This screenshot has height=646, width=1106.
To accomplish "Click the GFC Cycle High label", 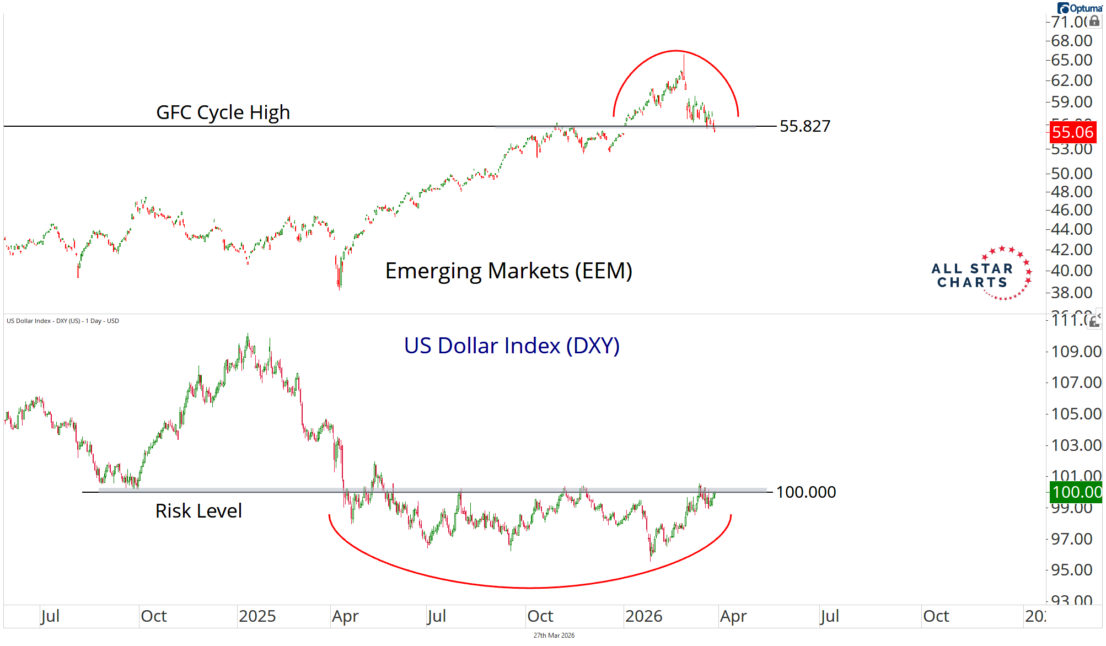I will click(223, 112).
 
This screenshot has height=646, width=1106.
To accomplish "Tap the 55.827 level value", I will click(804, 126).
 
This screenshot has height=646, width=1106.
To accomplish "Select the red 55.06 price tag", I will click(1072, 132).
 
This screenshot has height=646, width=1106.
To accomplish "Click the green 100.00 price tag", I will click(1076, 492).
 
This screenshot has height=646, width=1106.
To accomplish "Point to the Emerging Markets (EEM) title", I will click(508, 271).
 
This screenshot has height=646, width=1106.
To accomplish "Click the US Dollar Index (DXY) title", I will click(512, 346).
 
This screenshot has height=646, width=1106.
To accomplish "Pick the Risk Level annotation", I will click(198, 511).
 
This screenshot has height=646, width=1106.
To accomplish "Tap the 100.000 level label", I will click(806, 492).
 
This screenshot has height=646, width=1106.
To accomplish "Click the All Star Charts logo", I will click(981, 274).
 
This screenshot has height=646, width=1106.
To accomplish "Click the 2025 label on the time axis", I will click(257, 616).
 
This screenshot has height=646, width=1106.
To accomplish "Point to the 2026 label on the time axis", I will click(643, 616).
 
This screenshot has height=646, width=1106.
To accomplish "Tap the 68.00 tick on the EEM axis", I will click(1071, 41).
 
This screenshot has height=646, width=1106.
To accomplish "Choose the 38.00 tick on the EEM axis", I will click(1071, 293).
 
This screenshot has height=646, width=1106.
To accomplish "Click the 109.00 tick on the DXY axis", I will click(1076, 352).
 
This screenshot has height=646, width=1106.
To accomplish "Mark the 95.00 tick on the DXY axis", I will click(1071, 570).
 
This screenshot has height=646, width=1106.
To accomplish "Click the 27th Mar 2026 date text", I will click(554, 636).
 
